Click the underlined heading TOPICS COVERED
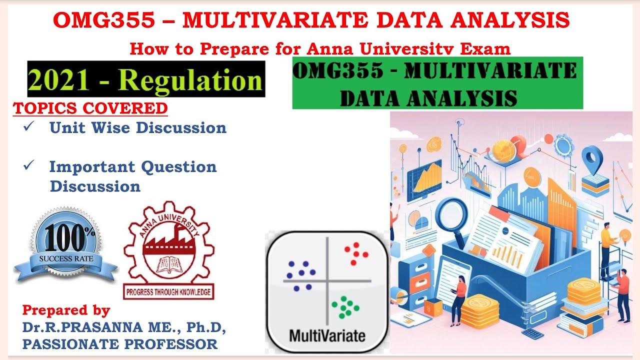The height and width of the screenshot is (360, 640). click(x=90, y=108)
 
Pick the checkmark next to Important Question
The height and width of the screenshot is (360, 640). click(x=28, y=165)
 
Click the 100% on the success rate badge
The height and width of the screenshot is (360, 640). click(x=65, y=239)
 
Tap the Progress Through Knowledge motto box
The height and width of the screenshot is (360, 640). click(x=168, y=292)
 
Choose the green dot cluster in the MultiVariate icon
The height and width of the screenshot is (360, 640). click(x=343, y=306)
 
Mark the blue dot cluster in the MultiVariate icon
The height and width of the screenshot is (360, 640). click(x=300, y=275)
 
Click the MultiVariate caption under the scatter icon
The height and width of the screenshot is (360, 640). click(x=327, y=335)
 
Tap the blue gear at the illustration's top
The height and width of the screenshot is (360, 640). click(x=562, y=145)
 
